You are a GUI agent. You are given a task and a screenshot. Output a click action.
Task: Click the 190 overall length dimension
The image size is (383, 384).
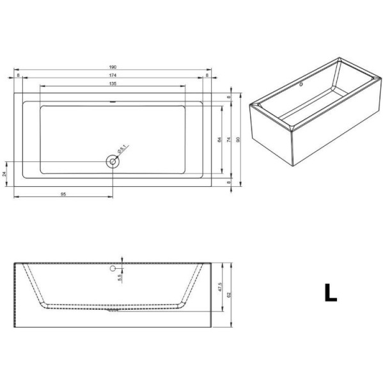click(113, 66)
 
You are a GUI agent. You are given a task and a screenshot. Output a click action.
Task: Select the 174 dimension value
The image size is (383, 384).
click(113, 76)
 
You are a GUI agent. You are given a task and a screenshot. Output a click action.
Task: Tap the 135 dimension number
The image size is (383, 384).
click(113, 84)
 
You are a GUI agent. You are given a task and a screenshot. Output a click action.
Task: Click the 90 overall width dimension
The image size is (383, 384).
click(238, 139)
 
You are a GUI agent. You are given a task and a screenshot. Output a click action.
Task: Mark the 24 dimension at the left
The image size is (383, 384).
click(4, 173)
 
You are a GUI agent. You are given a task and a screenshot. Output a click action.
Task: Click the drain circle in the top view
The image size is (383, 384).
click(113, 161)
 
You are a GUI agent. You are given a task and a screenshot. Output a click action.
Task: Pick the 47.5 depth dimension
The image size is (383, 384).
click(219, 286)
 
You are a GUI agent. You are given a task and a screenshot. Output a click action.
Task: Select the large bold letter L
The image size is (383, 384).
click(329, 292)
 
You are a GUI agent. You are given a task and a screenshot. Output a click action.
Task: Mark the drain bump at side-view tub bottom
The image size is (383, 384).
click(113, 311)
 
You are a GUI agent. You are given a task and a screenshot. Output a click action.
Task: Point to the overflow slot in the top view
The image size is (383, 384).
click(113, 102)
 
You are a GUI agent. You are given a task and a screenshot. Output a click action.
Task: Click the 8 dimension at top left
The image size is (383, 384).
click(19, 76)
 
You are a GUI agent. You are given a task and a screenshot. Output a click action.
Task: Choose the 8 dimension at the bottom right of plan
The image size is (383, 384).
click(229, 182)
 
